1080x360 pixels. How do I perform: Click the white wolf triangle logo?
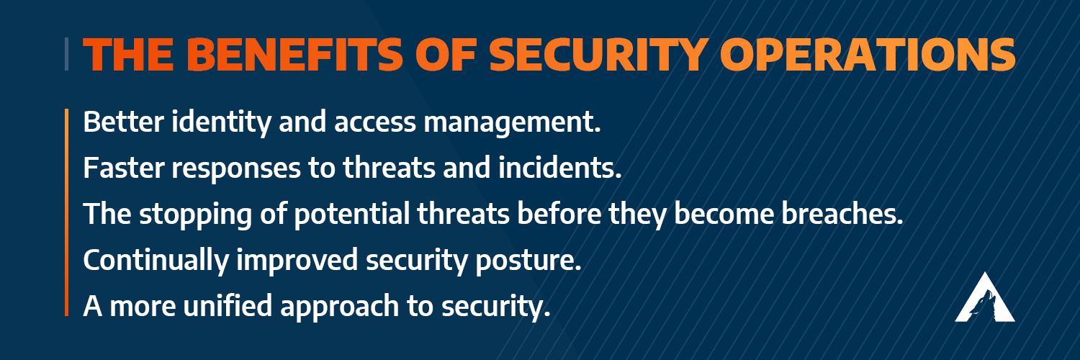(x=984, y=297)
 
